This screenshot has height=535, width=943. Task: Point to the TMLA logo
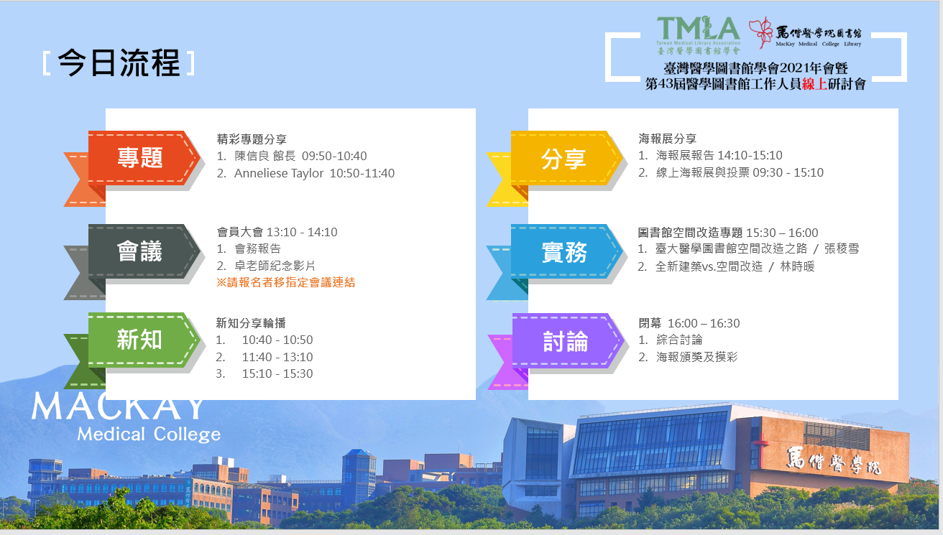pos(698,35)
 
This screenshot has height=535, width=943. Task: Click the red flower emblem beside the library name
pos(761,32)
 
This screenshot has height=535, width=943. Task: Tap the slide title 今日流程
pos(119,63)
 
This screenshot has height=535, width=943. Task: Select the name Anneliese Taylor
pos(279,173)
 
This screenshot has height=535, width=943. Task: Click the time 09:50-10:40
pos(334,156)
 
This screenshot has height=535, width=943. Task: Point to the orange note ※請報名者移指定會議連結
pos(286,282)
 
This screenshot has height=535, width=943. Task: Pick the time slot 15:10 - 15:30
pos(277,373)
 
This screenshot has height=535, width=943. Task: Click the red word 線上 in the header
pos(814,84)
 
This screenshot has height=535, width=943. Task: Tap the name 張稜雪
pos(842,248)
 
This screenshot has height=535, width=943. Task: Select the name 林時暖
pos(797,266)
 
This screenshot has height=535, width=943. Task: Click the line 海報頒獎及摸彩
pos(696,357)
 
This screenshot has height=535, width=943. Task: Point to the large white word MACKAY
pos(118,406)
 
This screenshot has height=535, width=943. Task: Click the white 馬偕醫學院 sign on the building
pos(834,461)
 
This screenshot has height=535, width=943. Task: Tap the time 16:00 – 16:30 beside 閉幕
pos(704,323)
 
